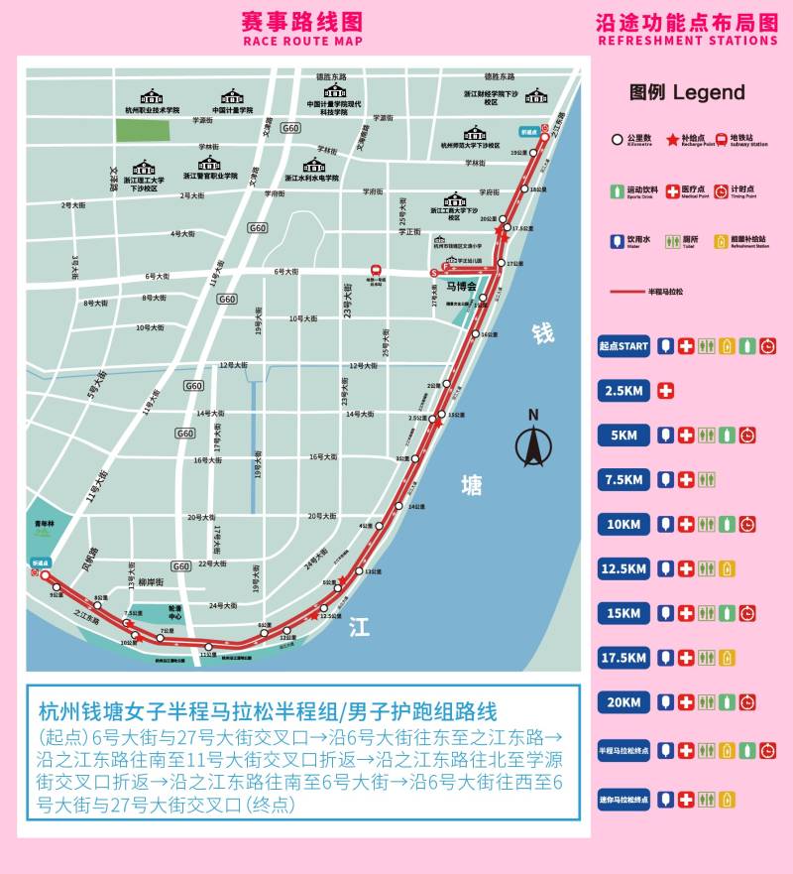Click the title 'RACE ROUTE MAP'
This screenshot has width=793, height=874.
click(x=302, y=42)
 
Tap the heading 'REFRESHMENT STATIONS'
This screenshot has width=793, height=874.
click(x=687, y=41)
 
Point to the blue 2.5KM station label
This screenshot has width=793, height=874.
click(x=623, y=391)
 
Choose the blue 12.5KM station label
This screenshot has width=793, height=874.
click(x=623, y=569)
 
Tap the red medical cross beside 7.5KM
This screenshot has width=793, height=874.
click(x=686, y=480)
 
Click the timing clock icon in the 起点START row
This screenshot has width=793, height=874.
click(x=768, y=346)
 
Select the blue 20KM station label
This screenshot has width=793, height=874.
click(x=623, y=702)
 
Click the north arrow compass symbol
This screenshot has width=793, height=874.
click(x=532, y=444)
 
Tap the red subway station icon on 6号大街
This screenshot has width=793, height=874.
click(x=375, y=270)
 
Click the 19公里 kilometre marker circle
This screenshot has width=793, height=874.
click(x=530, y=154)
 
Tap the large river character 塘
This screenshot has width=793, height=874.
click(x=472, y=486)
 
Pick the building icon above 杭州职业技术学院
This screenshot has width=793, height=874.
click(x=152, y=97)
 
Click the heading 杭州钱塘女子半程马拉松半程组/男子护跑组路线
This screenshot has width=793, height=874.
click(x=268, y=711)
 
